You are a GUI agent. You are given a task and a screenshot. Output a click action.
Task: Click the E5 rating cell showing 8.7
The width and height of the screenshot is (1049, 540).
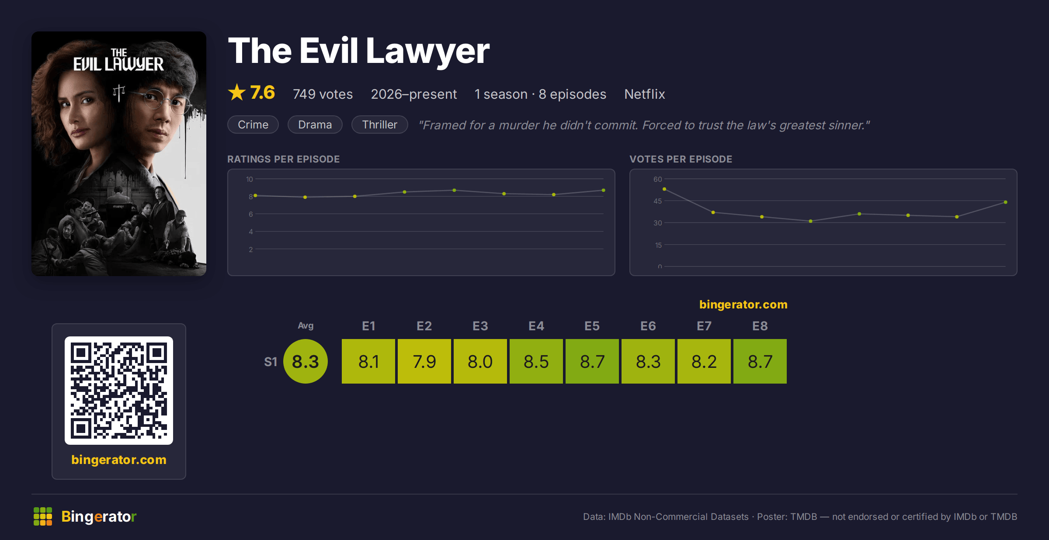592,361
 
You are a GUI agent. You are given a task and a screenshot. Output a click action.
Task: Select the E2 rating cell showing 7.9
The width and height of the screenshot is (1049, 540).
424,361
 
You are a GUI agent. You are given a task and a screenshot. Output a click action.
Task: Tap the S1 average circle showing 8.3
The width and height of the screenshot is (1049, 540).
306,361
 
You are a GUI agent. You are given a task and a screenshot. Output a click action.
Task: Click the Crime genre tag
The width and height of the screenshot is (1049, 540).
253,125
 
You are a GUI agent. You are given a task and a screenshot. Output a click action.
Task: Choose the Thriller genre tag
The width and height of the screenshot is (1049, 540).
380,125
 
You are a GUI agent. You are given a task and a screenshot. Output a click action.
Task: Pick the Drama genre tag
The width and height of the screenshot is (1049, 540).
315,125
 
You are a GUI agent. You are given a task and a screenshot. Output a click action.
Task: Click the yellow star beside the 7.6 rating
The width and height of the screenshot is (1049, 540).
237,92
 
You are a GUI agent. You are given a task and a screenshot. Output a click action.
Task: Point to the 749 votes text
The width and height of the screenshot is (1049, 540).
323,94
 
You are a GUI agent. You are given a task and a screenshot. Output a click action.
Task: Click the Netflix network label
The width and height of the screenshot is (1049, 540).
645,94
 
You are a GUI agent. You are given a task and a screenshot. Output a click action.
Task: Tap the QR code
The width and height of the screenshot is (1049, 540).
119,391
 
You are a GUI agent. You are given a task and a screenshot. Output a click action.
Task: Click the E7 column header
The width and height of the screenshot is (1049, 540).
704,326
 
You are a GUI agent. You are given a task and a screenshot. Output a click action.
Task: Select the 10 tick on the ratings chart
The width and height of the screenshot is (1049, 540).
250,179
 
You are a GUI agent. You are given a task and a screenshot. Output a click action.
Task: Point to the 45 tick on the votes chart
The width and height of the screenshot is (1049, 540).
658,201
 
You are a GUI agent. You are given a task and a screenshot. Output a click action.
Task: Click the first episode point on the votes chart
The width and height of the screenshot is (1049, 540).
664,189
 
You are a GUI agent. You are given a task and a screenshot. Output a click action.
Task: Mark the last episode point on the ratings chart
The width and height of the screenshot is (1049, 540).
604,190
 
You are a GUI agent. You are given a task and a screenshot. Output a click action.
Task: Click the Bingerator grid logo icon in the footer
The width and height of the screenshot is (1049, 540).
43,516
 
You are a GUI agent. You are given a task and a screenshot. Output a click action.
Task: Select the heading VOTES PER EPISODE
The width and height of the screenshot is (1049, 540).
681,159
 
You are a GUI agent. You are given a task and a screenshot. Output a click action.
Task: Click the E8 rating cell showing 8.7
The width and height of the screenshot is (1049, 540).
760,361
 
